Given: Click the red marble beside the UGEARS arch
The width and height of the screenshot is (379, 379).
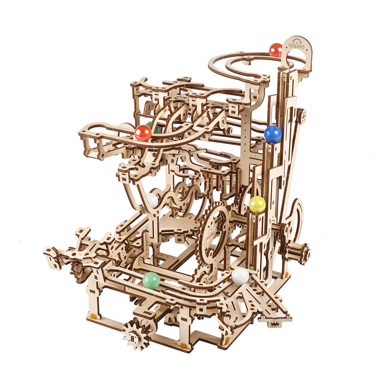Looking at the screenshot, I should (x=276, y=50).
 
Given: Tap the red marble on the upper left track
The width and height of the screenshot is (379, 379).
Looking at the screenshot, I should (x=143, y=133).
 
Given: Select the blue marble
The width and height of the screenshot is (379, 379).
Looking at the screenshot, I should (x=273, y=134).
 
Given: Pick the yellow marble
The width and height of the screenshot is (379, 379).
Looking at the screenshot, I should (x=257, y=205).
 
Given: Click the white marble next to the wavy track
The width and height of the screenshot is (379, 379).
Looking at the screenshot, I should (x=152, y=200).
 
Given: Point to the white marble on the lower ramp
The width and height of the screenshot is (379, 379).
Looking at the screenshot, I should (x=240, y=276).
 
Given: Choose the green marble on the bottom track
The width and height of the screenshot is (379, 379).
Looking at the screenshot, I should (x=151, y=280).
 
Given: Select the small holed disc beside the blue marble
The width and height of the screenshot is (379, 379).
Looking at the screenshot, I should (x=302, y=116).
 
